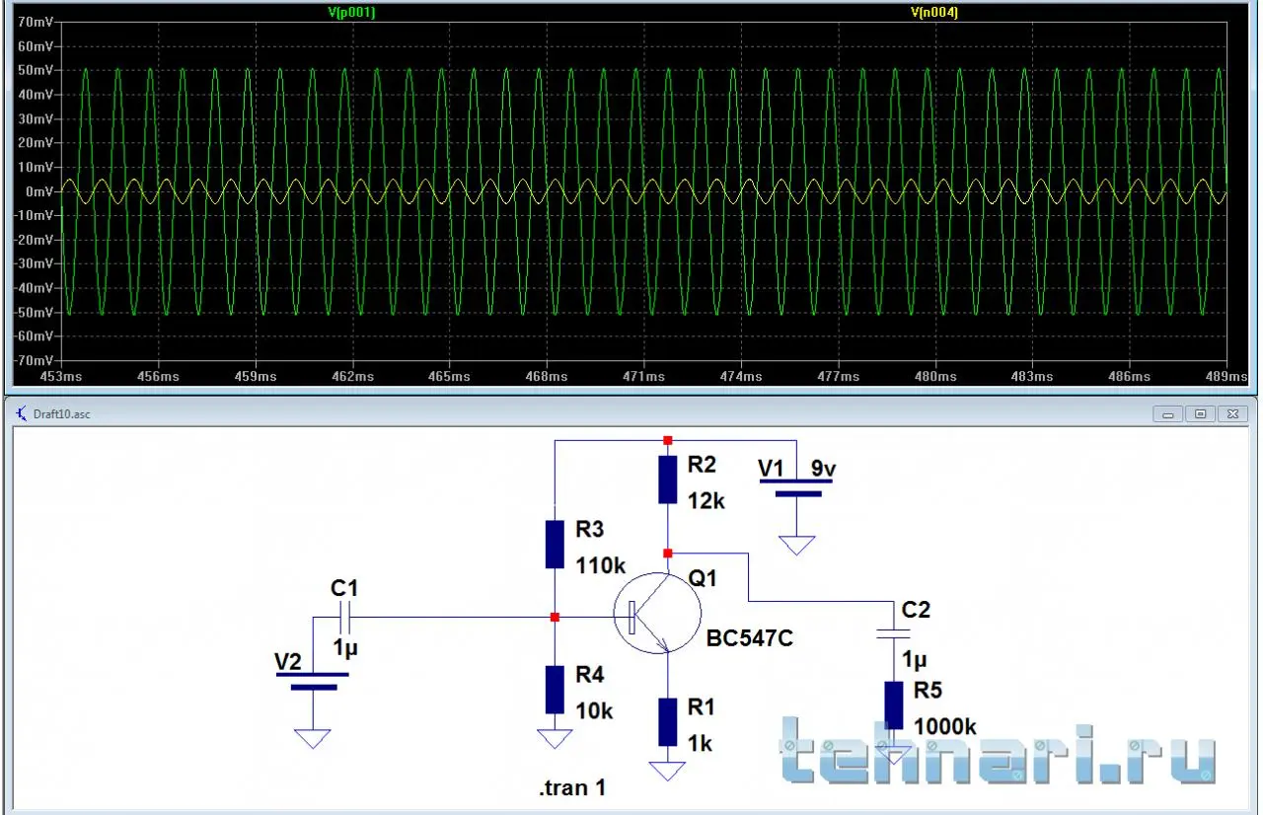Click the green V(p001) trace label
(x=351, y=12)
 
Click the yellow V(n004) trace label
(x=934, y=12)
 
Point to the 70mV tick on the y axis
(x=35, y=22)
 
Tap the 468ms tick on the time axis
(x=547, y=377)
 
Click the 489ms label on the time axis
(x=1226, y=377)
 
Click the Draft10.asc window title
(x=61, y=414)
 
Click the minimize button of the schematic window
(x=1167, y=414)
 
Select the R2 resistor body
(x=668, y=480)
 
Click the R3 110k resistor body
(x=555, y=545)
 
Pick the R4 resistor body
(x=555, y=690)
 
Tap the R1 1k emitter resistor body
(x=668, y=722)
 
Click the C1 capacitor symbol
(x=345, y=618)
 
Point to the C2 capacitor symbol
(x=894, y=634)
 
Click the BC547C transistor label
(x=749, y=638)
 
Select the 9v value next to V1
(x=823, y=469)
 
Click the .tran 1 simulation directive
(x=573, y=788)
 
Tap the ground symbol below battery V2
(x=313, y=738)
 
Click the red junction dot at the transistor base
(x=555, y=618)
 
